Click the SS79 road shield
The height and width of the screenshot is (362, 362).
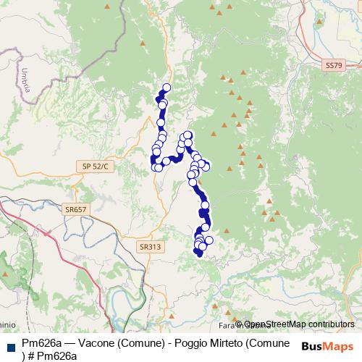tap(332, 65)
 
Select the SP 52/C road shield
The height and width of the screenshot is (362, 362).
tap(95, 167)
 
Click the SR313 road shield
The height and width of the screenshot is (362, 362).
tap(150, 246)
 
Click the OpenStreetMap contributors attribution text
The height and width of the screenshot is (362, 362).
tap(298, 324)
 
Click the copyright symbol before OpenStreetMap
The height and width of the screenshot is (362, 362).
tap(238, 324)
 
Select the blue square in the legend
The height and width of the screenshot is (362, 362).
tap(9, 343)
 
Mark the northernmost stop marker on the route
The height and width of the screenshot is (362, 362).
tap(167, 88)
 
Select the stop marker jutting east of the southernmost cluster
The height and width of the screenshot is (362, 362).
tap(209, 240)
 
